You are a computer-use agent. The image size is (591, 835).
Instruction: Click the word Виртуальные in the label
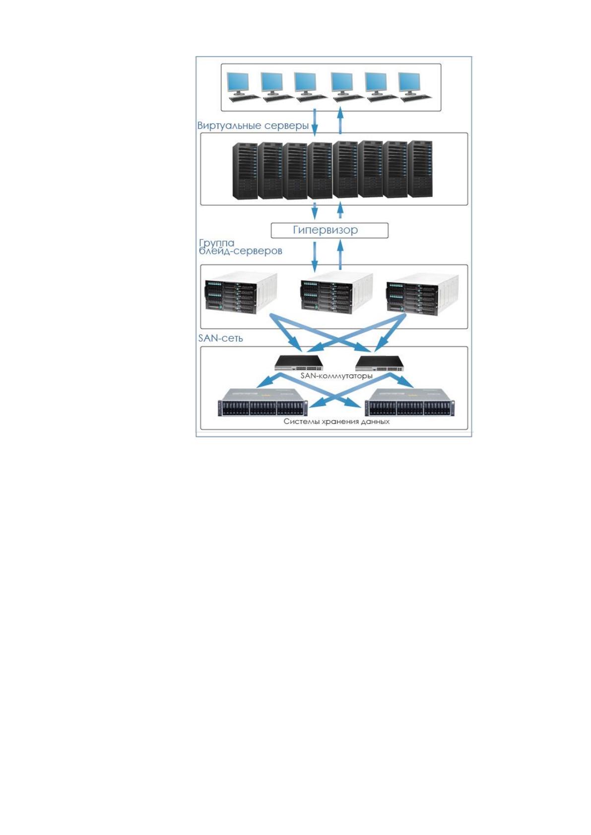point(229,126)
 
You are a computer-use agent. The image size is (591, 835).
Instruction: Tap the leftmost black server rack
point(245,170)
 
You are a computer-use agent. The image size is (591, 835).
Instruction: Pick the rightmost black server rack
point(420,169)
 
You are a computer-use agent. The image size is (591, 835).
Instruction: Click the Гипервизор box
point(329,231)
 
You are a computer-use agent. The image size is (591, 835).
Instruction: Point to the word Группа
point(217,243)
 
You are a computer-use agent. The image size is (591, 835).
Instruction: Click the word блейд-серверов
point(241,251)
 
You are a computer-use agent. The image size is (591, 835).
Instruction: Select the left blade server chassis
point(241,294)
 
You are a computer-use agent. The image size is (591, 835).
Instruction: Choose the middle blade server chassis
point(336,294)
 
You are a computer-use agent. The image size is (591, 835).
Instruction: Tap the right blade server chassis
point(422,295)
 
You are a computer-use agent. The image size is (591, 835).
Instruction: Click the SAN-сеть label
point(220,338)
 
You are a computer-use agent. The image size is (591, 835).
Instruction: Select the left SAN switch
point(299,362)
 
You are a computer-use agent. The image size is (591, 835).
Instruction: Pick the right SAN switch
point(380,363)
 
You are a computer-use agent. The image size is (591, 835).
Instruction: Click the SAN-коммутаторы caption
point(336,376)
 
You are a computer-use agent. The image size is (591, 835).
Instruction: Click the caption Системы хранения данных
point(336,421)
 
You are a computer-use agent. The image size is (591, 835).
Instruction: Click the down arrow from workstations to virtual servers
point(315,122)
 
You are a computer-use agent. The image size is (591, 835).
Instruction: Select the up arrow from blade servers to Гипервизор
point(340,254)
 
